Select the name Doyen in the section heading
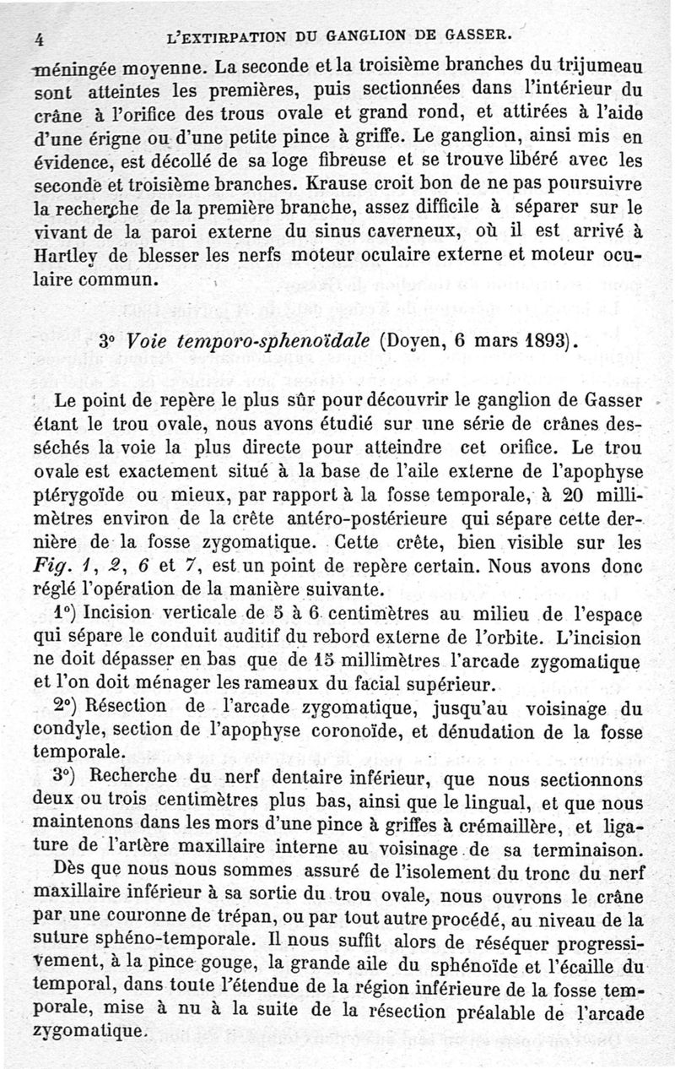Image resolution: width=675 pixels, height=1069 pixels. (x=418, y=344)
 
